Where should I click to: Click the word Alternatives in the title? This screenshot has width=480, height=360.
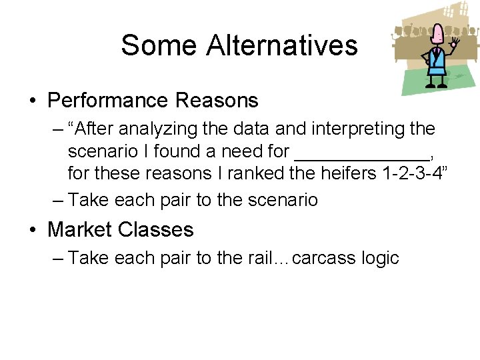point(282,45)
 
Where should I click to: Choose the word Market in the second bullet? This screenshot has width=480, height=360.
point(81,230)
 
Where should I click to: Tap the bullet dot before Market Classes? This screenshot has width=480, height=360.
point(33,231)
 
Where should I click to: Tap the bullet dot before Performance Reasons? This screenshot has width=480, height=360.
point(33,101)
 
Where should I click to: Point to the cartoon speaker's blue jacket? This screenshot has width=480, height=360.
point(437,63)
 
